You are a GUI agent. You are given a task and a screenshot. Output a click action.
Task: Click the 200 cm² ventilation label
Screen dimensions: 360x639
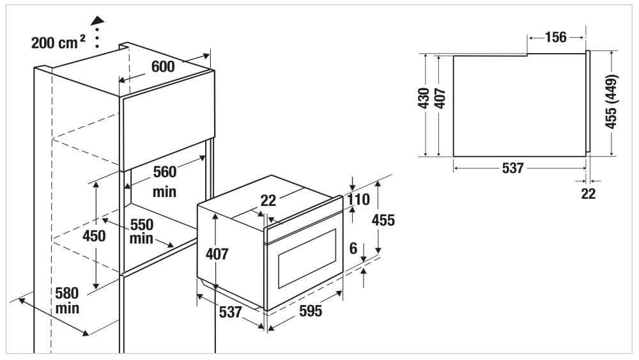[x=59, y=43]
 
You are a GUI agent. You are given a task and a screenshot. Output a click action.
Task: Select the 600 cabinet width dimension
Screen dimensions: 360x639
[x=163, y=67]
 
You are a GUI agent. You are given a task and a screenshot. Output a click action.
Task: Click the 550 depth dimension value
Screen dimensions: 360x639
[x=142, y=225]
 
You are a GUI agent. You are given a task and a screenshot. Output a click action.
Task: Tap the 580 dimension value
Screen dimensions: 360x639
[x=66, y=293]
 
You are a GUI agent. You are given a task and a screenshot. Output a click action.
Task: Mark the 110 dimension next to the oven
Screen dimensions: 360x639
[x=358, y=200]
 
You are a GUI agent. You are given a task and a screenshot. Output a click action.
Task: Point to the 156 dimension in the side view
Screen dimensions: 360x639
[x=556, y=37]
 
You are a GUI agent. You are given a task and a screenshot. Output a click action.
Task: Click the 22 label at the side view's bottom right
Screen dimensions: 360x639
[x=588, y=194]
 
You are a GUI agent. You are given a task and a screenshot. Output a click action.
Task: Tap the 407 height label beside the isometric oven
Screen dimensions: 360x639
[x=217, y=254]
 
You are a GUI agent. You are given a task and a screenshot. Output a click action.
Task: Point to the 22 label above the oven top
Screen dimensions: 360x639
[x=268, y=201]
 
